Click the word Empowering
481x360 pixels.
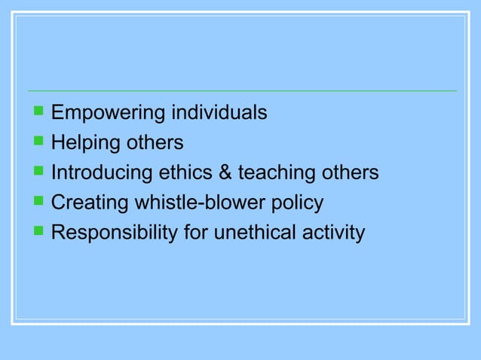pyautogui.click(x=108, y=114)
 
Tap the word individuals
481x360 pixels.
pyautogui.click(x=219, y=113)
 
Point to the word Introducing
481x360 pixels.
pyautogui.click(x=102, y=173)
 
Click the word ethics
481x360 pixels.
pyautogui.click(x=185, y=173)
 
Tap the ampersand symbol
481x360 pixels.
pyautogui.click(x=225, y=173)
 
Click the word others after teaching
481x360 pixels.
pyautogui.click(x=347, y=173)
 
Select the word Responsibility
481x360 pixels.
pyautogui.click(x=115, y=233)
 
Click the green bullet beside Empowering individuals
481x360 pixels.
pyautogui.click(x=38, y=112)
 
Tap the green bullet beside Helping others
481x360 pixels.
pyautogui.click(x=38, y=142)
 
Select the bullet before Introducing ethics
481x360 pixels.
pyautogui.click(x=38, y=172)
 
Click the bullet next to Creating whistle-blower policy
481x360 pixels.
pyautogui.click(x=38, y=203)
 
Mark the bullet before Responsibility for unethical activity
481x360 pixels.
pyautogui.click(x=38, y=233)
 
